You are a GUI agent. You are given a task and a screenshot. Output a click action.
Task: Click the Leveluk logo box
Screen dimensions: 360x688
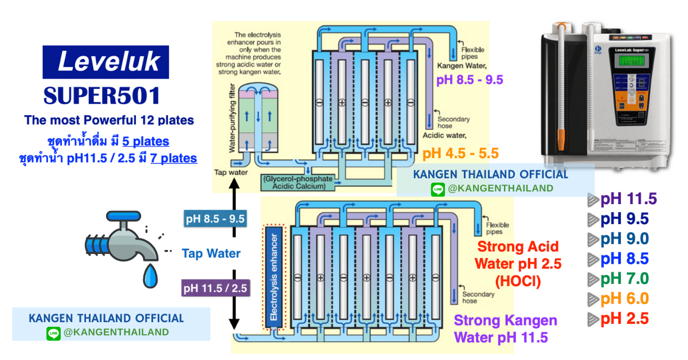click(106, 62)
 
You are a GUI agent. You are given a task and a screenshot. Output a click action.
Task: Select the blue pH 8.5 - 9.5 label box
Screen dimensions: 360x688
click(215, 219)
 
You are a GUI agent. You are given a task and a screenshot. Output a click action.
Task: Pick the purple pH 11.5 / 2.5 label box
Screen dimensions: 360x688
click(215, 288)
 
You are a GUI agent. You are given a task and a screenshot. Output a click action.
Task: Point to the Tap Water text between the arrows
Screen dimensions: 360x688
click(211, 253)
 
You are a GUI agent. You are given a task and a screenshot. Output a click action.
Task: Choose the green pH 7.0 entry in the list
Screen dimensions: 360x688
click(624, 279)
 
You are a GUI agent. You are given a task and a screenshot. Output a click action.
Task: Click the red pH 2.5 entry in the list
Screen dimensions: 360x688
click(624, 318)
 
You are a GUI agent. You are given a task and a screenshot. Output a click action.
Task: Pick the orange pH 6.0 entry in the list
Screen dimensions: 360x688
click(624, 299)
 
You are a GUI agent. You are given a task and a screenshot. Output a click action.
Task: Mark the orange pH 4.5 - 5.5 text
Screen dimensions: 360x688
click(460, 154)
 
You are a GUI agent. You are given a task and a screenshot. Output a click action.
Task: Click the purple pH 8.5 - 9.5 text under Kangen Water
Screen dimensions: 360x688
click(470, 79)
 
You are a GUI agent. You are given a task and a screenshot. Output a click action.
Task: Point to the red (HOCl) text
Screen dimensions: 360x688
click(518, 281)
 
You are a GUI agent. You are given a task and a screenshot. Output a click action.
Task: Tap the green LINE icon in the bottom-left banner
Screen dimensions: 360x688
click(54, 332)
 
